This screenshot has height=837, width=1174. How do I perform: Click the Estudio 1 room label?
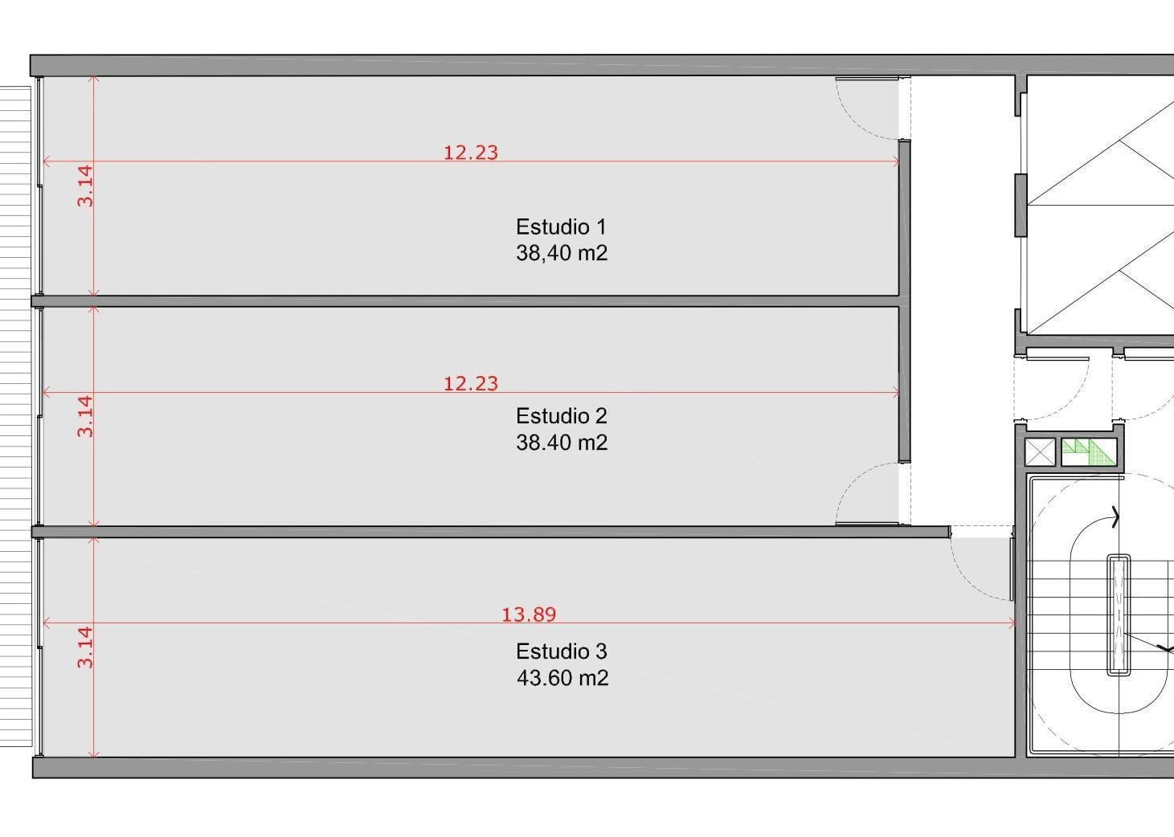(x=561, y=227)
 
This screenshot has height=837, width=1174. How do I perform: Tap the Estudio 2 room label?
(x=562, y=416)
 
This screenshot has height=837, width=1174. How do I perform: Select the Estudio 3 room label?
(x=562, y=651)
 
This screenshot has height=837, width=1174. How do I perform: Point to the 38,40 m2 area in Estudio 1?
(x=562, y=253)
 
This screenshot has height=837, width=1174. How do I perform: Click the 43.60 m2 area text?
(x=562, y=678)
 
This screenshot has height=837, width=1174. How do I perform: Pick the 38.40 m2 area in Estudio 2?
(x=562, y=443)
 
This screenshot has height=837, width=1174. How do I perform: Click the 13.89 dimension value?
(x=529, y=614)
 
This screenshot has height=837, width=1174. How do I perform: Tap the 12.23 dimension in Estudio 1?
(x=471, y=153)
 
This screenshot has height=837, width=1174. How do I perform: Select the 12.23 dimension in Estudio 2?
(x=471, y=383)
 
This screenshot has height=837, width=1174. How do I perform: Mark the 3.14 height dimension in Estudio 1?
(x=85, y=186)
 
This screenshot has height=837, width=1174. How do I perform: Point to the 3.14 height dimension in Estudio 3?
(x=85, y=647)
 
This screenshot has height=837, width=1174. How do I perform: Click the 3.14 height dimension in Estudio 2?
(x=85, y=416)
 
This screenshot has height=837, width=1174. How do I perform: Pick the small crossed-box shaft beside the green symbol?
(x=1040, y=452)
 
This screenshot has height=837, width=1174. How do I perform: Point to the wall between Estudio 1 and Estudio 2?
(x=465, y=301)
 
